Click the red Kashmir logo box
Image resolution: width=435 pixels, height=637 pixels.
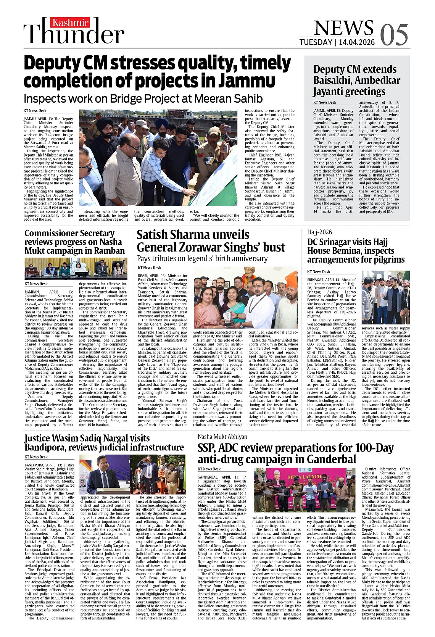point(71,23)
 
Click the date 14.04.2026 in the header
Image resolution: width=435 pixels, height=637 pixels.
point(357,42)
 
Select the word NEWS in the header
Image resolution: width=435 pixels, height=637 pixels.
point(343,27)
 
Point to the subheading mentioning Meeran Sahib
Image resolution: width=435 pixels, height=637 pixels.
point(143,98)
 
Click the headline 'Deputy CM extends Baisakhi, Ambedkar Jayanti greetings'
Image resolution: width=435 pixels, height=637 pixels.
point(356,80)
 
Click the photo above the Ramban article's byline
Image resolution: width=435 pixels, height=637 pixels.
point(76,268)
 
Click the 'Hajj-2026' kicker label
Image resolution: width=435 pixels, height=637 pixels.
point(320,232)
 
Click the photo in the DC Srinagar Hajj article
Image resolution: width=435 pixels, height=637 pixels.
point(385,298)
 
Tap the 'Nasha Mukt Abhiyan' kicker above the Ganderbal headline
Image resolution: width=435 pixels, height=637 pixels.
point(222,437)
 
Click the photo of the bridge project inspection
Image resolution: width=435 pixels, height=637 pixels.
point(159,158)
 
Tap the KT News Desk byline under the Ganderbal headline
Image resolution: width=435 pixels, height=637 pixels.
point(209,469)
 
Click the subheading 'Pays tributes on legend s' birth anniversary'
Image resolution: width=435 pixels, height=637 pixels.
point(202,258)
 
